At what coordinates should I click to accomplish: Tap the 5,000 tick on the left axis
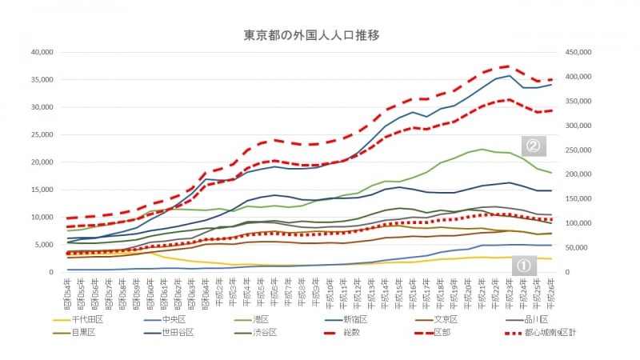[42, 245]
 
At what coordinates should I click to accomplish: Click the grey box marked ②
[534, 145]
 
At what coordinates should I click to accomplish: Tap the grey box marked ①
[524, 265]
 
